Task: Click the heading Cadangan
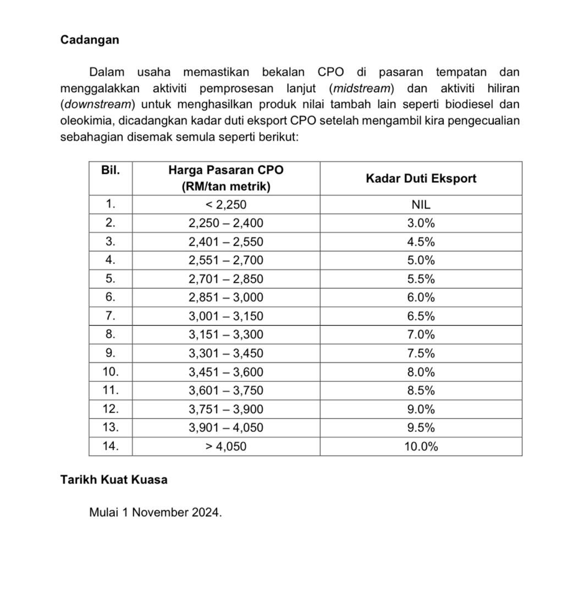point(90,40)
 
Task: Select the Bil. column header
point(111,170)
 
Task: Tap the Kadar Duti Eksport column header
point(421,178)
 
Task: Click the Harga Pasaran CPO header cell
point(225,178)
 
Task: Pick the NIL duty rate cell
point(421,205)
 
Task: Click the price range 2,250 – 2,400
point(225,223)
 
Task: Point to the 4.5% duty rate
point(421,242)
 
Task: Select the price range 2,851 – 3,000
point(225,298)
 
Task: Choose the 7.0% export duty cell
point(421,335)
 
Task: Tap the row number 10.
point(111,372)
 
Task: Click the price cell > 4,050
point(225,447)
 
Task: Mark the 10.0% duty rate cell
point(421,447)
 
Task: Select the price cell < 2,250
point(225,205)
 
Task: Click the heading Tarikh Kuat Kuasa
point(114,480)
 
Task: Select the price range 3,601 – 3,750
point(225,391)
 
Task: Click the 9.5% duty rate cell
point(421,428)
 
